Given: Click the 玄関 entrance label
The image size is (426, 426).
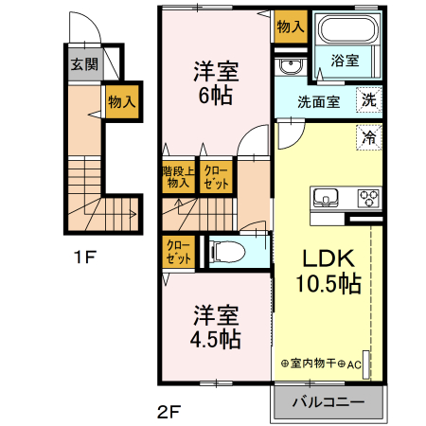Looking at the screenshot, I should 83,65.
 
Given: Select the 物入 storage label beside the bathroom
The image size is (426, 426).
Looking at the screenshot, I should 291,27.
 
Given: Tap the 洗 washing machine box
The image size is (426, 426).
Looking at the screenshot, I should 370,98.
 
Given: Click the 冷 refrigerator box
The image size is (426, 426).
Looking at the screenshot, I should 370,136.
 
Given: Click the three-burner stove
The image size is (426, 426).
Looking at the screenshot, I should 367,198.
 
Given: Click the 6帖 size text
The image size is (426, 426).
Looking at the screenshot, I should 215,96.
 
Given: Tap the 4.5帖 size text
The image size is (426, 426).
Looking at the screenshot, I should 216,338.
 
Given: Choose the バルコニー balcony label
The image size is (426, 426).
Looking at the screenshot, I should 328,402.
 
